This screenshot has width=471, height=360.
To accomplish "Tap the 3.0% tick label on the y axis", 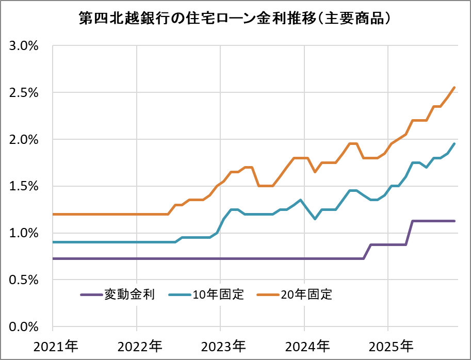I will (24, 46).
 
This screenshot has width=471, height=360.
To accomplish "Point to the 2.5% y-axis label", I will (24, 93).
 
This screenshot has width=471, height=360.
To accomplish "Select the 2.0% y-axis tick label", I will (24, 140).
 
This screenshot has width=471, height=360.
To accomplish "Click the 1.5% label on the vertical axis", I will (24, 186).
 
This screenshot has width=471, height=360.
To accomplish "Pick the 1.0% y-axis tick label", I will (24, 233).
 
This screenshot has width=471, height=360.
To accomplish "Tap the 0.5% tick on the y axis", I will (24, 280).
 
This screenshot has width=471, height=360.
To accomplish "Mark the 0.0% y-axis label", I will (24, 327).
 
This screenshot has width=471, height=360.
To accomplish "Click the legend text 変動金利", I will (126, 295).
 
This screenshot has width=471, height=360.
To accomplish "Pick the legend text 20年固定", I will (306, 295).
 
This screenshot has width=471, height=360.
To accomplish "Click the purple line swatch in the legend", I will (91, 295).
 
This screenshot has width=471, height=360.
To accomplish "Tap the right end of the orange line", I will (454, 88).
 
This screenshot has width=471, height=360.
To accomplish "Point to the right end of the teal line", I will (454, 144).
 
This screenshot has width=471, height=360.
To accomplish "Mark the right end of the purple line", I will (454, 221).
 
